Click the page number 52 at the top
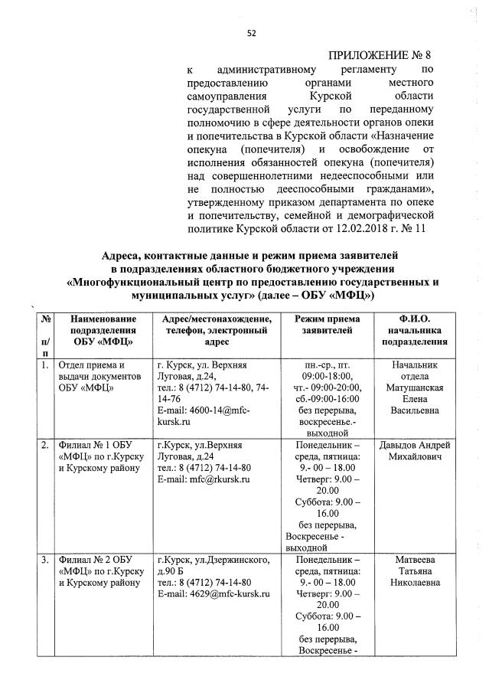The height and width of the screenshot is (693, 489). [x=250, y=32]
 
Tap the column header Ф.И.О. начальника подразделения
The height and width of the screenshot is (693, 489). [x=414, y=330]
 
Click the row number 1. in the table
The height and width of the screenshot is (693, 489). [x=44, y=365]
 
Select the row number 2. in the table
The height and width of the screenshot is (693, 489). [x=44, y=445]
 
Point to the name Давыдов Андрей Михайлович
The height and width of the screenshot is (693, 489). [x=414, y=451]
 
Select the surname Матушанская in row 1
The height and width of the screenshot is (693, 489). [x=414, y=388]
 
